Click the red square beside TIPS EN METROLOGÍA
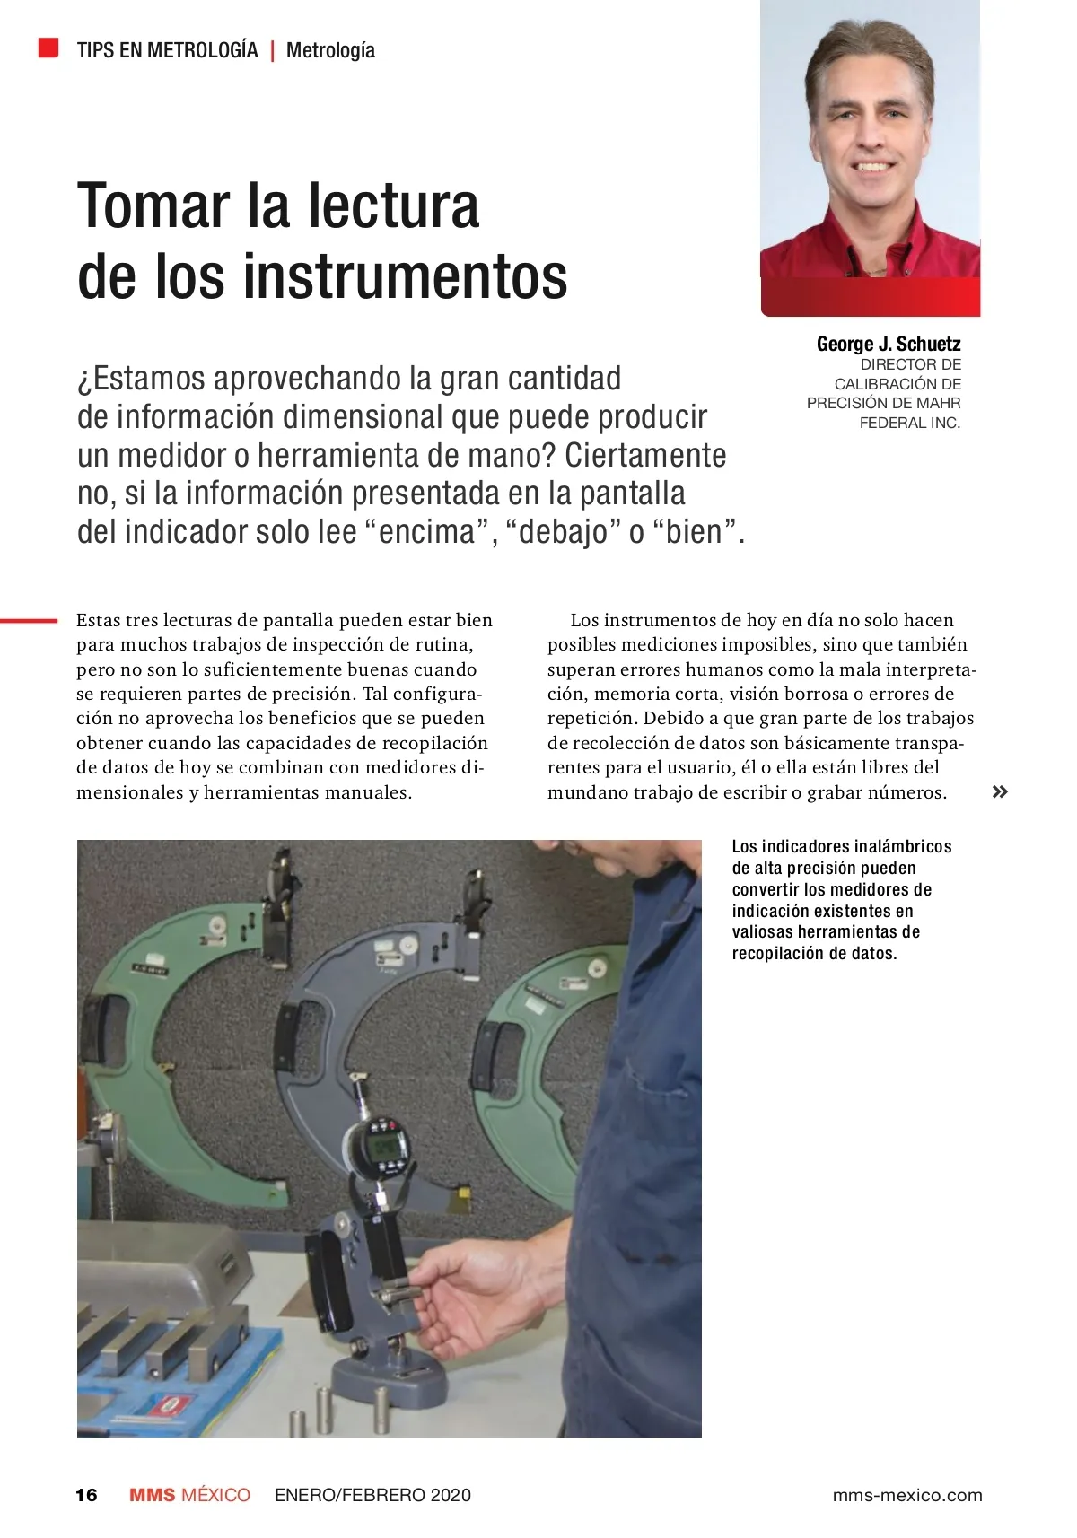coord(48,48)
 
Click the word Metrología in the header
coord(330,50)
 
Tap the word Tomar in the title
coord(154,206)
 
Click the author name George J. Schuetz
coord(888,344)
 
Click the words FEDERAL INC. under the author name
coord(909,423)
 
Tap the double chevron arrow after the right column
coord(999,791)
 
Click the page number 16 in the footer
coord(86,1495)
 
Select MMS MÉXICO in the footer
coord(189,1495)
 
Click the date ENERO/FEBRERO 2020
coord(372,1495)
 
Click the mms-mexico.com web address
coord(906,1495)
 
